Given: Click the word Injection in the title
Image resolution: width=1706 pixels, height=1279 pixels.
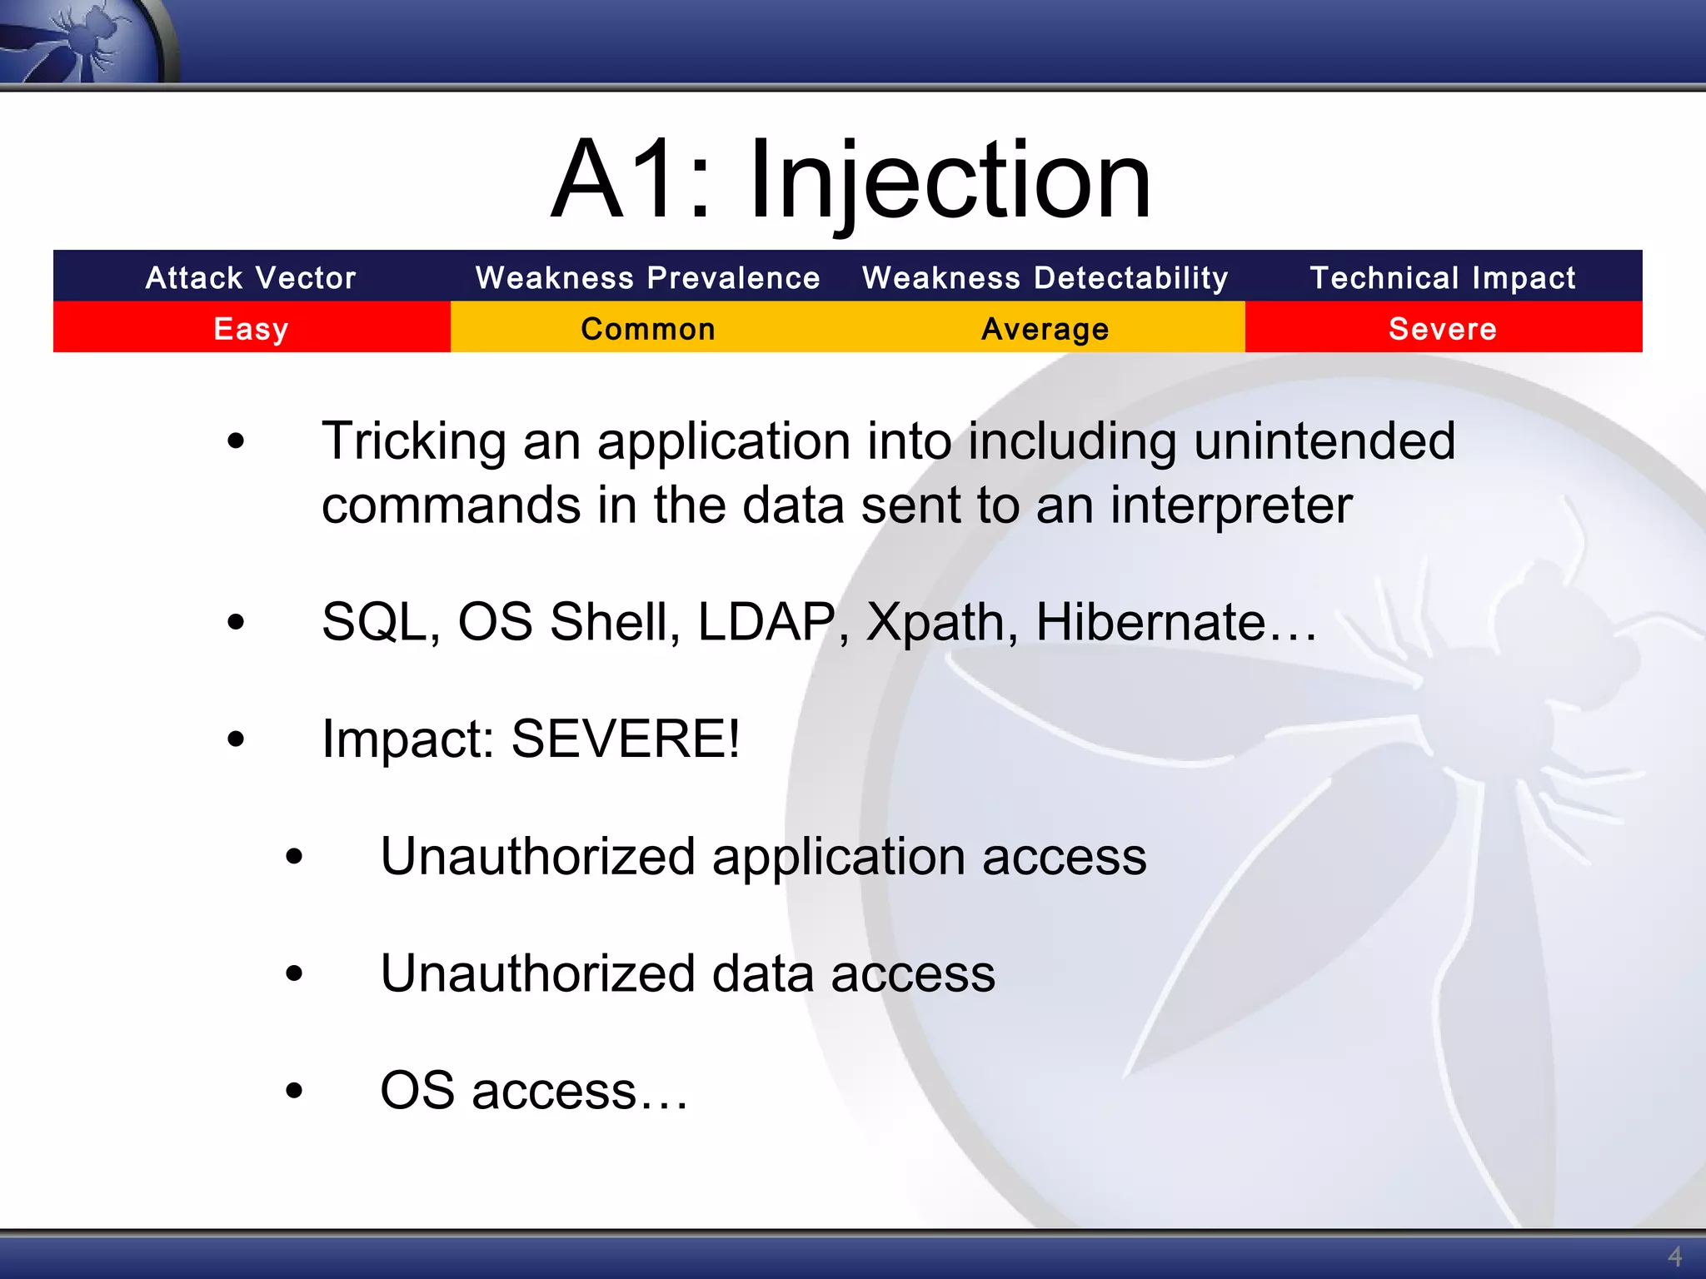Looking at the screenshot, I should click(x=950, y=182).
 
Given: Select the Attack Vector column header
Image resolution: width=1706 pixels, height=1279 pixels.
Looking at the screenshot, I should click(x=251, y=277).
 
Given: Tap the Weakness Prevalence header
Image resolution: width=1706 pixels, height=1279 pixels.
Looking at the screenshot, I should click(x=647, y=277).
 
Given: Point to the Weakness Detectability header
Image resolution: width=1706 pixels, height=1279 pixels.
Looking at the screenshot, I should click(x=1045, y=277).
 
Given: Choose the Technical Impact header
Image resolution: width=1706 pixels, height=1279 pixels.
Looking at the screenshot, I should click(x=1443, y=277).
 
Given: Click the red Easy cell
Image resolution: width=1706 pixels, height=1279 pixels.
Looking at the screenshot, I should click(x=251, y=328).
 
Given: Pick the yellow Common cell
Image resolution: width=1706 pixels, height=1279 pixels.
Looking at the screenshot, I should click(x=647, y=328).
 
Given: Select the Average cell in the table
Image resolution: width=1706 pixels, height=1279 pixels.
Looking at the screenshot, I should click(x=1045, y=328).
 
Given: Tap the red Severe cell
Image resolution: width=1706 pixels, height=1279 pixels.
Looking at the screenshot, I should click(x=1443, y=328).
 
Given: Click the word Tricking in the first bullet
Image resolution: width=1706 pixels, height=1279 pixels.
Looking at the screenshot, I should click(x=413, y=441).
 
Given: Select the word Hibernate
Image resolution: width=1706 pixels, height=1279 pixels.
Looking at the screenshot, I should click(x=1150, y=622).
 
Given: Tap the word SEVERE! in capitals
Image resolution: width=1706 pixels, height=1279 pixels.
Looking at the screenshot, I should click(x=625, y=739).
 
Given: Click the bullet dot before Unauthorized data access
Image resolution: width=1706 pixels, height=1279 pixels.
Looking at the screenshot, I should click(x=294, y=973).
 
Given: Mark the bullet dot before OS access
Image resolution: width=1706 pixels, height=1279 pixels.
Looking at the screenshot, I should click(x=294, y=1090).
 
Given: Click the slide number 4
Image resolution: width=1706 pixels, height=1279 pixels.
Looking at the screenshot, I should click(x=1674, y=1256).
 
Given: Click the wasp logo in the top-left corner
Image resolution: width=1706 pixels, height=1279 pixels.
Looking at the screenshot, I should click(x=83, y=40).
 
